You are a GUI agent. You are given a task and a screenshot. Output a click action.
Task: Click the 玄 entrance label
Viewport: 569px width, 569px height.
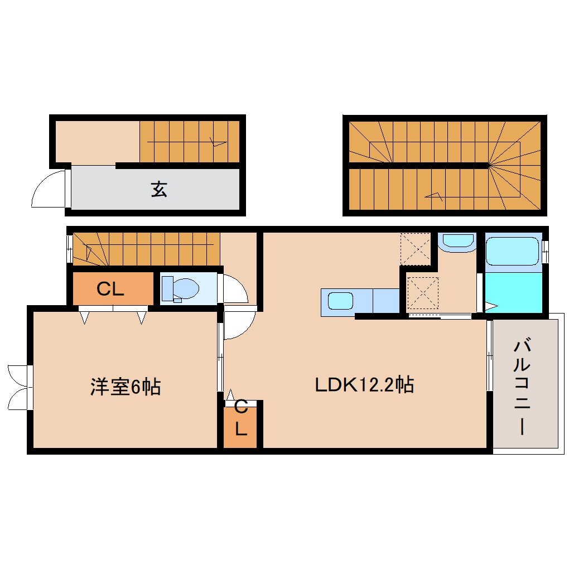[x=159, y=190]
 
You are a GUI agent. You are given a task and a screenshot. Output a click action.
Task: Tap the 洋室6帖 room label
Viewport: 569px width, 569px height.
[x=126, y=387]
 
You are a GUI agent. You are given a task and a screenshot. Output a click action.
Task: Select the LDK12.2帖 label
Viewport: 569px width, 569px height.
[x=364, y=384]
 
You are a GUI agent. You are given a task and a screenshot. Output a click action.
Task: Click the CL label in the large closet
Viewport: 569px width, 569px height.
[x=110, y=288]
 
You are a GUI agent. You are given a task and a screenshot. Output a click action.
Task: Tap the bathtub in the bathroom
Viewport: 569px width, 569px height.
[x=512, y=251]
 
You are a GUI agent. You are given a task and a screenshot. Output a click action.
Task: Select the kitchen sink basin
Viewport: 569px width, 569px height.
[x=340, y=302]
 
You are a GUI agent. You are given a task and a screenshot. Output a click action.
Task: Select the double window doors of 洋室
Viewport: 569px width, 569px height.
[x=18, y=387]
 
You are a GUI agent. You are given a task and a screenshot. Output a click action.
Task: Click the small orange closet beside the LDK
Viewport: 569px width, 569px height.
[x=240, y=427]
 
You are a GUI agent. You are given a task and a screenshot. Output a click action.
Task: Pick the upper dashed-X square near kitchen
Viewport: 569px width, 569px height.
[x=415, y=248]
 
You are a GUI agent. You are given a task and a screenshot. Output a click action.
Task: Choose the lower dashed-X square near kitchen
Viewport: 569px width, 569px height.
[x=422, y=292]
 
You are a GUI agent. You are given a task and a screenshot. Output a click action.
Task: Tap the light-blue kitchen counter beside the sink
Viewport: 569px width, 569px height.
[x=385, y=302]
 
